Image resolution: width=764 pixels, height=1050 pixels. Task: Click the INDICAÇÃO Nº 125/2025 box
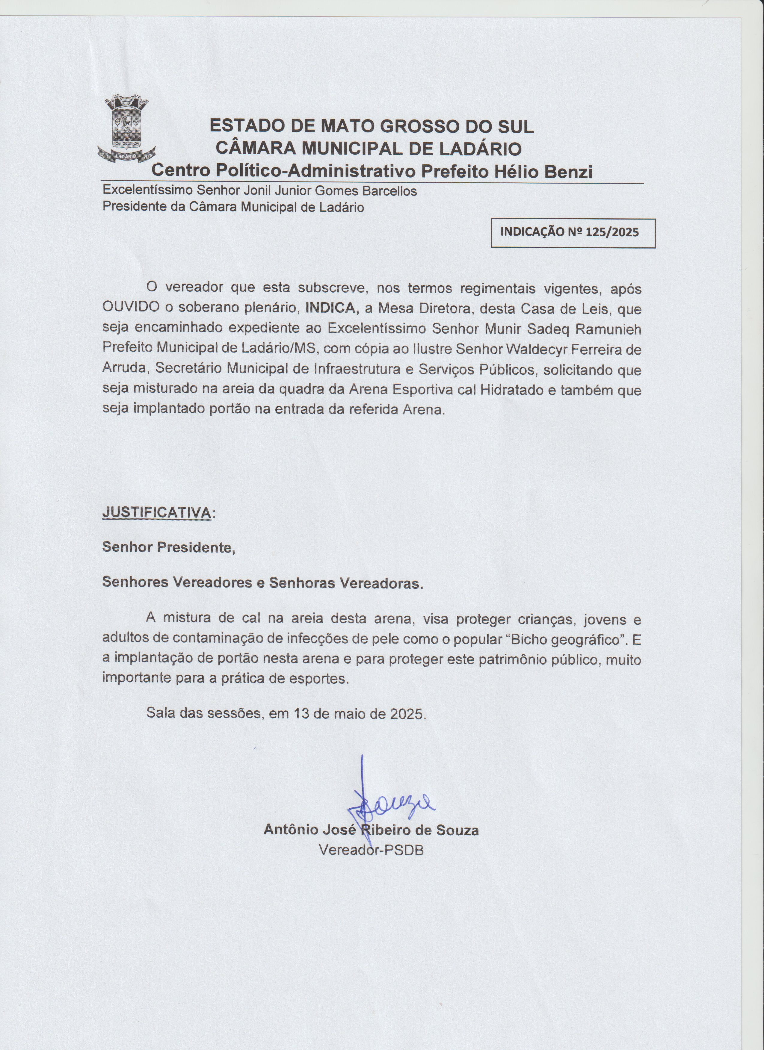pos(573,233)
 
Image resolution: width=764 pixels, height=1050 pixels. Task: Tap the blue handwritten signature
pos(389,806)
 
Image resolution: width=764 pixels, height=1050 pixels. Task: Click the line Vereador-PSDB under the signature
pos(371,850)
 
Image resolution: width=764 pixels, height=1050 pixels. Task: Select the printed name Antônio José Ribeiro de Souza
pos(371,829)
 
